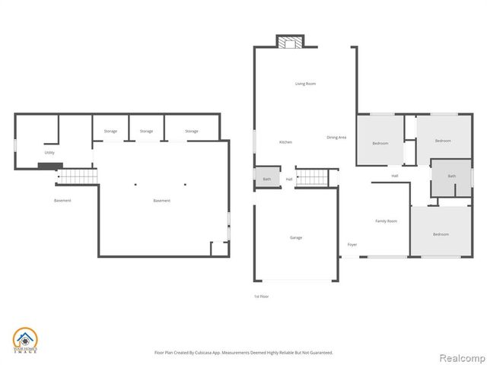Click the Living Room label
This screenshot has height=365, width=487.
tap(305, 84)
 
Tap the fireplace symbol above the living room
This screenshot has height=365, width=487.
tap(289, 43)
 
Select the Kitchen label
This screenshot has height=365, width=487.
tap(285, 142)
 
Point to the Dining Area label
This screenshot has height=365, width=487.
tap(336, 137)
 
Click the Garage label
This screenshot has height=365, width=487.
tap(295, 237)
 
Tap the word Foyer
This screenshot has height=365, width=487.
tap(352, 244)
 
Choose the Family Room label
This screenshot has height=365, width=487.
tap(387, 221)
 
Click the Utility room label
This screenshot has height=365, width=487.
tap(49, 153)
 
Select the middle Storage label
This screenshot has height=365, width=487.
tap(146, 131)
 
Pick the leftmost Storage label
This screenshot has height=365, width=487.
tap(110, 131)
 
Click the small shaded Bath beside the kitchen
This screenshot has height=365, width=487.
tap(266, 179)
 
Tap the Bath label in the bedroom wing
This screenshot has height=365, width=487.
tap(451, 176)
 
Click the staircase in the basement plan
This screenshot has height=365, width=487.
tap(78, 177)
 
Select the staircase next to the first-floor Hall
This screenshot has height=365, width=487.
tap(311, 178)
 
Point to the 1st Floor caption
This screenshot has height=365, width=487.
tap(261, 296)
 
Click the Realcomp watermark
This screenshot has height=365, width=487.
tap(461, 355)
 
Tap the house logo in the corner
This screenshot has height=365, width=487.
tap(26, 339)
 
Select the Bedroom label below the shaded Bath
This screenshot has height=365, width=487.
tap(441, 234)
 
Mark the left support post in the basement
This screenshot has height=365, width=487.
tap(135, 183)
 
